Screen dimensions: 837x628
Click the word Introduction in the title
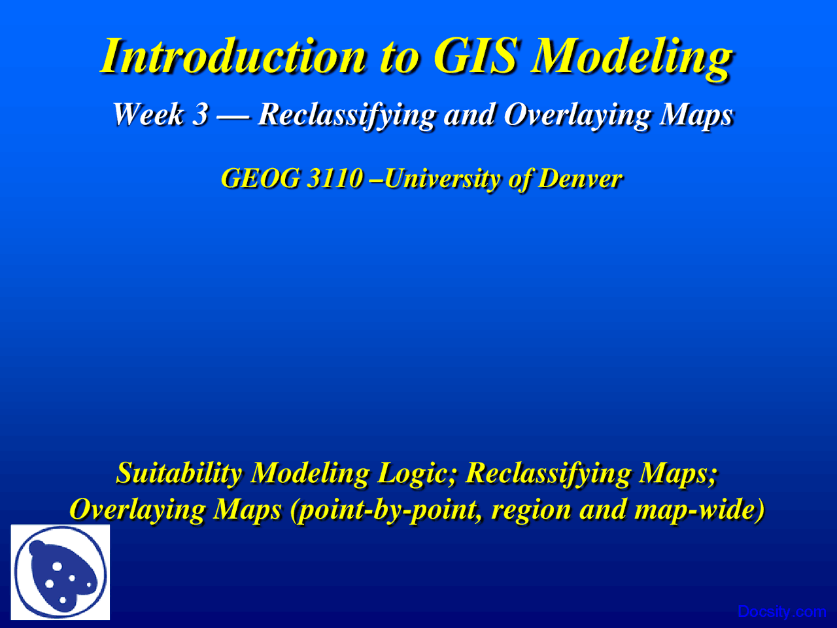(x=233, y=56)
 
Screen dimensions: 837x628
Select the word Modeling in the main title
(x=632, y=59)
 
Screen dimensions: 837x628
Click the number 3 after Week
(x=200, y=114)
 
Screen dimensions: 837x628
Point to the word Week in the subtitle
(x=148, y=114)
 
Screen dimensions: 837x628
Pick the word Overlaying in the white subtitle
(x=577, y=116)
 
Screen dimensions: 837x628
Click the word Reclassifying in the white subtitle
(x=347, y=116)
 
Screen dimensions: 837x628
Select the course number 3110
(x=335, y=178)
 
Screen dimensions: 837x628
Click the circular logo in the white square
(x=60, y=572)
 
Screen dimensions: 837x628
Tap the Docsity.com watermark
(x=781, y=612)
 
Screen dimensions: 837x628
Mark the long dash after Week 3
(x=233, y=117)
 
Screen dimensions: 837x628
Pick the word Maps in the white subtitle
(x=696, y=116)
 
